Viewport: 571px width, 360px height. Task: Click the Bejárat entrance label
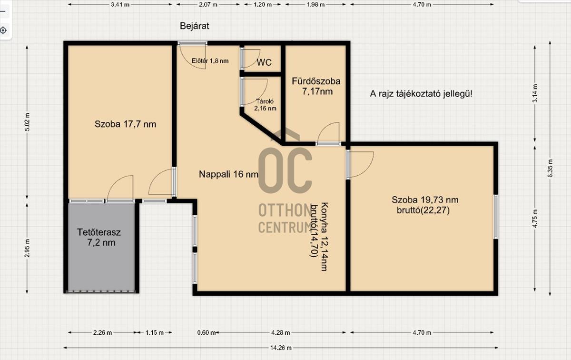(195, 26)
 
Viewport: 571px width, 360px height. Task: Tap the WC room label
(264, 62)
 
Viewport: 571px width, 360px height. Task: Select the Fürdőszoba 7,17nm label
(316, 86)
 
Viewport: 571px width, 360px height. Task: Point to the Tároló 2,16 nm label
(265, 105)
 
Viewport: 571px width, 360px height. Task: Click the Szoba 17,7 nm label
(125, 124)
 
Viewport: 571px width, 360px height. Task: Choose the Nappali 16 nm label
(228, 174)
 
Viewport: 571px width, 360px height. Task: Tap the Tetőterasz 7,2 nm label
(99, 238)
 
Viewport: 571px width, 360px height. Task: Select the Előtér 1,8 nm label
(210, 61)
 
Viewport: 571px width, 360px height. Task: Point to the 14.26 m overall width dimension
(281, 348)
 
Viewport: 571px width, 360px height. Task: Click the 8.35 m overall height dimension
(550, 168)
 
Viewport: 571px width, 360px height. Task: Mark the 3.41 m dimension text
(120, 5)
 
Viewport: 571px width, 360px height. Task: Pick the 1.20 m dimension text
(263, 5)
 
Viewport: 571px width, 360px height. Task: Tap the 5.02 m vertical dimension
(27, 122)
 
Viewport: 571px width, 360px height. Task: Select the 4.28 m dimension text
(280, 333)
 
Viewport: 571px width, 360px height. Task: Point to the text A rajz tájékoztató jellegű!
(421, 94)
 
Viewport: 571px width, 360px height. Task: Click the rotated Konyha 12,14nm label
(324, 237)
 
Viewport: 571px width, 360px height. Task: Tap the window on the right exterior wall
(496, 217)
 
